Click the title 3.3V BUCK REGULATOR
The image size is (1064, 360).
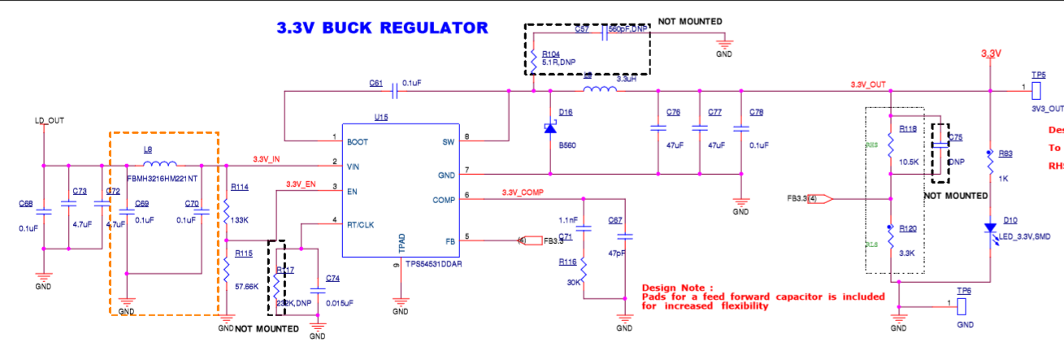(382, 28)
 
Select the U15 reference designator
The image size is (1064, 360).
(380, 118)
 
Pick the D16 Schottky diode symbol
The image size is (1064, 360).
(550, 128)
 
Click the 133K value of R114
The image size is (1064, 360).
(241, 197)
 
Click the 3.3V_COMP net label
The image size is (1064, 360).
(521, 193)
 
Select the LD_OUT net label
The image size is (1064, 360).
(49, 121)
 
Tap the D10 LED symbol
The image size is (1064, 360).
(990, 229)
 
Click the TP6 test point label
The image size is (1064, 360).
(964, 291)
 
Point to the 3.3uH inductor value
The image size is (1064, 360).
(627, 80)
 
